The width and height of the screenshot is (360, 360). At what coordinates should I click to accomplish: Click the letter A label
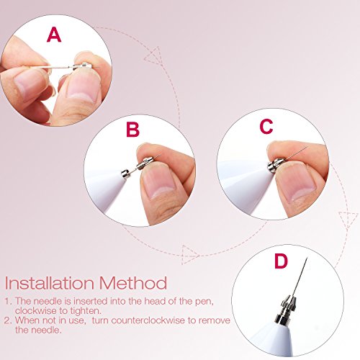(54, 35)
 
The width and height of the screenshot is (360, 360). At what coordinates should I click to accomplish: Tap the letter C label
(266, 126)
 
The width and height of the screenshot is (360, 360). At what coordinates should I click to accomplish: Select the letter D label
(281, 261)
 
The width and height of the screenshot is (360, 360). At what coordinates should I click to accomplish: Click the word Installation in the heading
(49, 283)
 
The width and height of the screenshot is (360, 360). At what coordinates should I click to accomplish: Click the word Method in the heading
(133, 283)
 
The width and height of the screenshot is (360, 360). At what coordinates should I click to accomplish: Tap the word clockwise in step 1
(35, 311)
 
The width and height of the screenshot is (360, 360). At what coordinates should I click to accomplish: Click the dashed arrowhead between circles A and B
(153, 56)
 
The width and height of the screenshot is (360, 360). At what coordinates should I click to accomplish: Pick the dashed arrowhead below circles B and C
(189, 255)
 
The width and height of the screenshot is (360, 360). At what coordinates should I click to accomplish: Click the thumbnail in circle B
(159, 181)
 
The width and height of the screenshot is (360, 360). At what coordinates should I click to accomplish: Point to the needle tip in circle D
(307, 258)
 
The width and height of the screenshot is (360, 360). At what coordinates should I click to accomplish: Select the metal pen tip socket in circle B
(125, 174)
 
